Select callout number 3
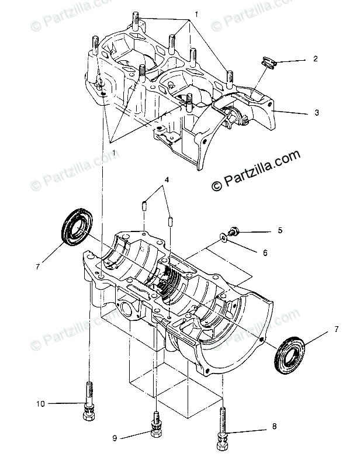(316, 112)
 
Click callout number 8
(274, 427)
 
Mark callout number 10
(40, 403)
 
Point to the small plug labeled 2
(268, 62)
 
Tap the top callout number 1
(197, 13)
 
